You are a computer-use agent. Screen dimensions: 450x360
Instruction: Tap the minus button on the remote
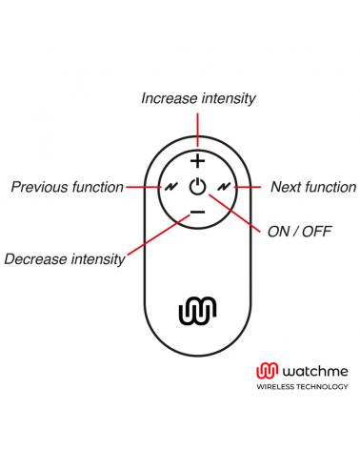click(x=196, y=211)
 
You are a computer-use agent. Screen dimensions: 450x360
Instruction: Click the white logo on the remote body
click(x=197, y=310)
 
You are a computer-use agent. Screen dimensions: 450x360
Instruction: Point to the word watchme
click(x=306, y=371)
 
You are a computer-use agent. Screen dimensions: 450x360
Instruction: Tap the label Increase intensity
click(x=198, y=98)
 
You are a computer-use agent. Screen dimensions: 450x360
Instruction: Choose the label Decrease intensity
click(x=65, y=258)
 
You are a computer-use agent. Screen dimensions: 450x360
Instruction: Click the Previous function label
click(x=67, y=187)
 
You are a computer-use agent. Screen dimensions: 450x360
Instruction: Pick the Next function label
click(x=313, y=187)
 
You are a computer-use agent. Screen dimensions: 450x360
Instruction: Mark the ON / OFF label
click(x=299, y=232)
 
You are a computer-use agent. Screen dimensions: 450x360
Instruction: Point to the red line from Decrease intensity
click(x=152, y=237)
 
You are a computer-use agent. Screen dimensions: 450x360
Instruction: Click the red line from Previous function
click(x=141, y=187)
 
